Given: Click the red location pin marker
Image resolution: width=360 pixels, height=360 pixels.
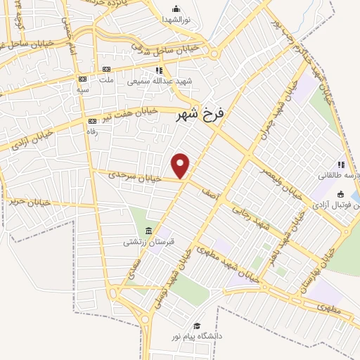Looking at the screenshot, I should [x=181, y=165].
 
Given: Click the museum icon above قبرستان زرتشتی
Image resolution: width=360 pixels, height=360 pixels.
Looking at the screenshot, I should [x=148, y=231].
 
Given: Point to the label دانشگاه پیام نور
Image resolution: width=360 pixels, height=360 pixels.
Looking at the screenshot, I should [x=200, y=337].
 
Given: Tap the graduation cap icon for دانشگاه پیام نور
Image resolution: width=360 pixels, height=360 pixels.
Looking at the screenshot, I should [x=198, y=326].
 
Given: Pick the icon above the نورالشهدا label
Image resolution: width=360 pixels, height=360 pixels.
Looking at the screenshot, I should [x=176, y=8].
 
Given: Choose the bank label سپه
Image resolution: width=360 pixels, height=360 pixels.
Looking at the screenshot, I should [x=84, y=90].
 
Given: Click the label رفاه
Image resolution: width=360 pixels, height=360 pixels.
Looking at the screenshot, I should [x=91, y=130].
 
